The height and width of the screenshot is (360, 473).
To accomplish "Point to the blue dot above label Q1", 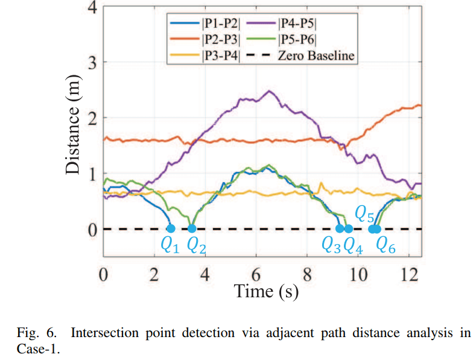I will (x=170, y=229).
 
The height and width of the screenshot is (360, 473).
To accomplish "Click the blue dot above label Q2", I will (x=192, y=229).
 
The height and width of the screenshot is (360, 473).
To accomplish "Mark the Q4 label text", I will (x=353, y=245).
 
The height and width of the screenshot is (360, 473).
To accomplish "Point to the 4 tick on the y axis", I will (x=92, y=7).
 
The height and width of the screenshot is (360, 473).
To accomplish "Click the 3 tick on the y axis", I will (x=92, y=63).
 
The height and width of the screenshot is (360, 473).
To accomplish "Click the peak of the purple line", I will (x=269, y=91).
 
